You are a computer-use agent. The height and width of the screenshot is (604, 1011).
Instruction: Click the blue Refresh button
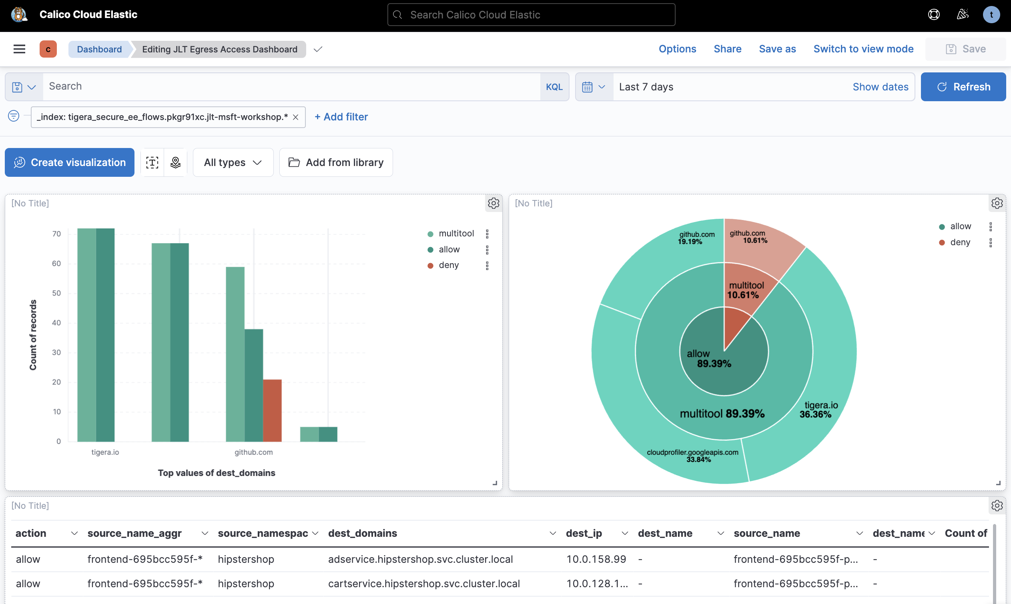(x=963, y=87)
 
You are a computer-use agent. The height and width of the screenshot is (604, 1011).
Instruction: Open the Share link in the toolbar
(x=727, y=49)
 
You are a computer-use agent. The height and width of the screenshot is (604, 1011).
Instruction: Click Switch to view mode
(x=863, y=49)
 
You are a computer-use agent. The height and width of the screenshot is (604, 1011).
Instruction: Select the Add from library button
(x=336, y=162)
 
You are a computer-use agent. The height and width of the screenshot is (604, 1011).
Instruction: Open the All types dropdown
(x=233, y=162)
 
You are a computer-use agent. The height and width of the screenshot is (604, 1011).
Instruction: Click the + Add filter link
(x=341, y=117)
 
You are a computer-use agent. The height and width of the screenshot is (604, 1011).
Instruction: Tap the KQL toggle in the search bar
(x=554, y=87)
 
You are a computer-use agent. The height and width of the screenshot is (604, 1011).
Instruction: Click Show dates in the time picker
(x=880, y=87)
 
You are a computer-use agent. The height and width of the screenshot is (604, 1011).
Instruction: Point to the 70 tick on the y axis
(x=56, y=234)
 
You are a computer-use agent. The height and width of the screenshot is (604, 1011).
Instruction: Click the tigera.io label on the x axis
(x=105, y=452)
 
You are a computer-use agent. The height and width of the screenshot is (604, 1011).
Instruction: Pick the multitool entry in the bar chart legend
(x=456, y=234)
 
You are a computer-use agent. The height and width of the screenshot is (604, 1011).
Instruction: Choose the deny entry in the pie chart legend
(x=960, y=242)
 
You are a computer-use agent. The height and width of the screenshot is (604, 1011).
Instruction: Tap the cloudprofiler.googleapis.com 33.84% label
(x=692, y=456)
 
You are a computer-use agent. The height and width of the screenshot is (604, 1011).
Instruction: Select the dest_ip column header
(x=584, y=533)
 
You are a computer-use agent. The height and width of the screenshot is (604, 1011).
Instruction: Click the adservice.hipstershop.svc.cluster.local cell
(x=420, y=559)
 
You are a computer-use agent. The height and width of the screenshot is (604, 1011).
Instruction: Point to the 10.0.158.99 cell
(x=596, y=559)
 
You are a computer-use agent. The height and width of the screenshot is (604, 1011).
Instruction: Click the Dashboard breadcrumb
(x=99, y=49)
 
